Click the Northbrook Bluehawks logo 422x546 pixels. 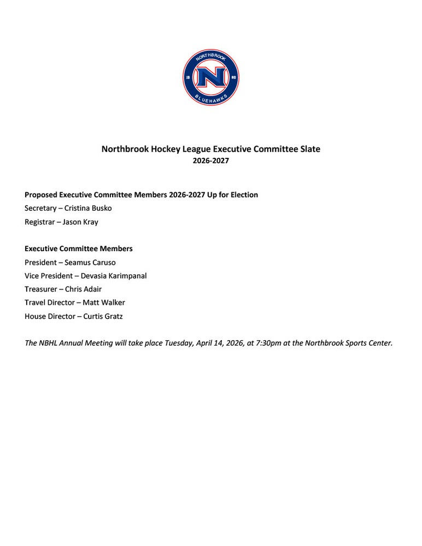coord(210,77)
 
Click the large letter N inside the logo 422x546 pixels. coord(210,78)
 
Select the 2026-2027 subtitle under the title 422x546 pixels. coord(210,161)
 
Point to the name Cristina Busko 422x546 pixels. coord(88,209)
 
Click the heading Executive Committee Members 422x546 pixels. coord(79,249)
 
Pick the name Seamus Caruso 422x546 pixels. coord(90,263)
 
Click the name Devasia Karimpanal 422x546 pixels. coord(114,276)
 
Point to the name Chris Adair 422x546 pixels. coord(83,289)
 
